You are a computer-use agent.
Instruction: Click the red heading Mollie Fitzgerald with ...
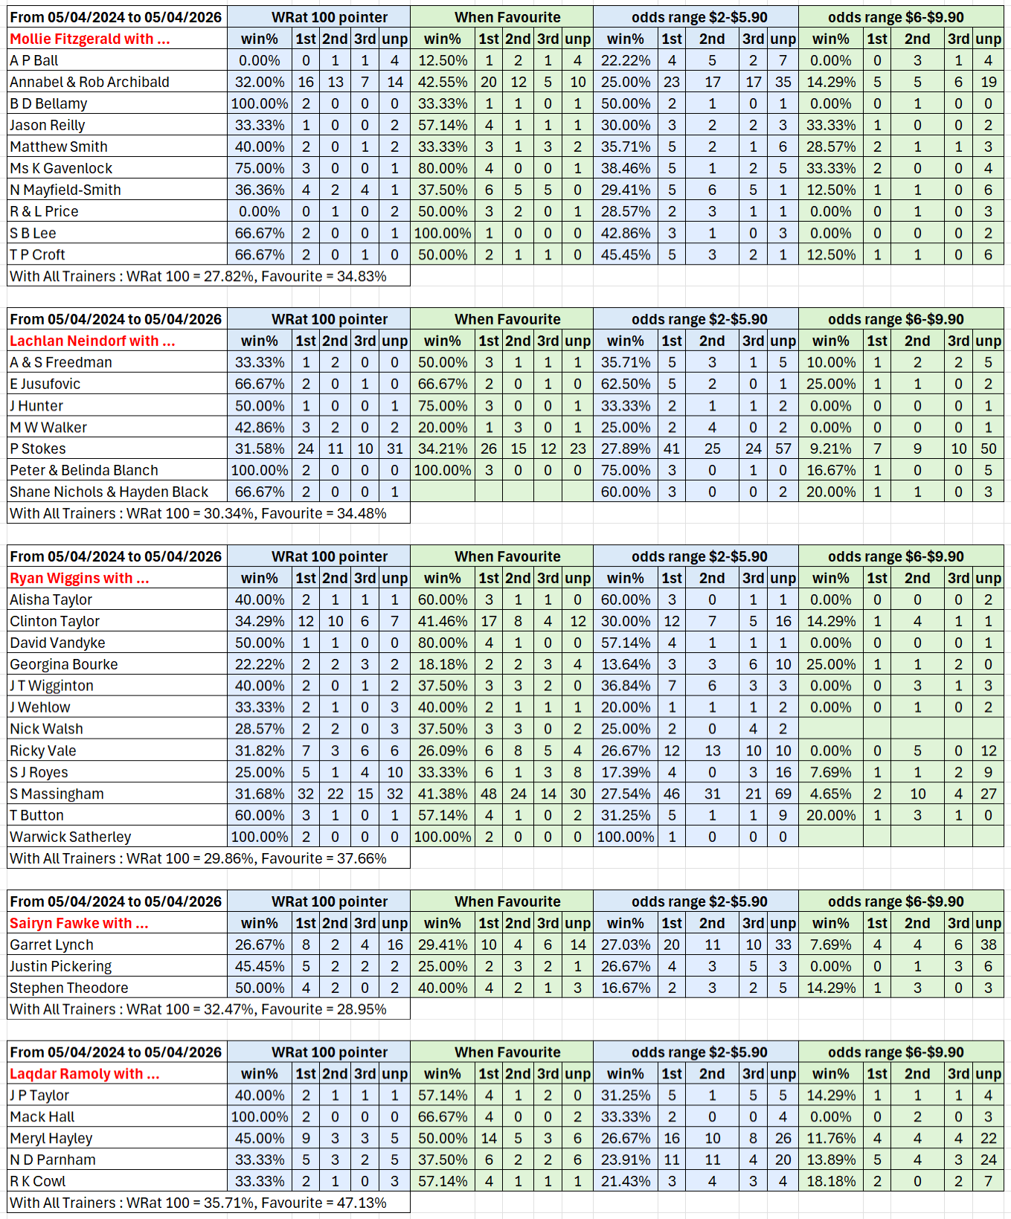coord(90,39)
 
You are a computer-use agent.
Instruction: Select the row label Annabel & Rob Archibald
coord(89,83)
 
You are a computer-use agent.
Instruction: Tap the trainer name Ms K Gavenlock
coord(61,169)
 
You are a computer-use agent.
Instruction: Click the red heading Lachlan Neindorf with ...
coord(92,341)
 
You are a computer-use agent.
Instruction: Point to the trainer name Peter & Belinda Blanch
coord(84,471)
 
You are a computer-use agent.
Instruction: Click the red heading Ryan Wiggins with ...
coord(80,579)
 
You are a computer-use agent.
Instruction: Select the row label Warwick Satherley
coord(70,837)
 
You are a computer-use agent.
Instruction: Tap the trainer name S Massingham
coord(57,794)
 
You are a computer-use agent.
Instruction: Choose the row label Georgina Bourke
coord(64,665)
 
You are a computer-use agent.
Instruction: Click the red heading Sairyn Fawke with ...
coord(79,924)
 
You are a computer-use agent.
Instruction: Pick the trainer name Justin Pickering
coord(60,967)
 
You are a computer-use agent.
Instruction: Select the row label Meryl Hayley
coord(51,1139)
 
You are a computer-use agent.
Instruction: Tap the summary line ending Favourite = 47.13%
coord(198,1203)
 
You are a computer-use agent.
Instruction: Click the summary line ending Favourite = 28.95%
coord(198,1010)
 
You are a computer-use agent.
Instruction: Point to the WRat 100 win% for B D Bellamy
coord(260,104)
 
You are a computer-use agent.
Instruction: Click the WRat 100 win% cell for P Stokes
coord(260,449)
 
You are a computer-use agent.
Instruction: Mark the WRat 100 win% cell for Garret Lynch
coord(260,945)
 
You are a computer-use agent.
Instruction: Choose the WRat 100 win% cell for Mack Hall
coord(260,1117)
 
